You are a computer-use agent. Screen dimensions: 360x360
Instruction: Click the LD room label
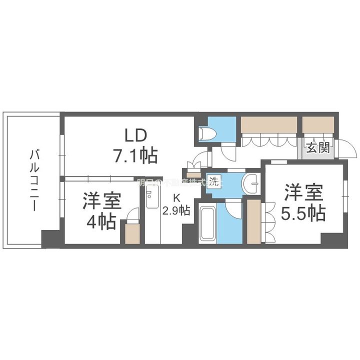[x=134, y=135]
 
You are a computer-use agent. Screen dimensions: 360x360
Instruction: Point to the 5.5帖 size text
[x=303, y=213]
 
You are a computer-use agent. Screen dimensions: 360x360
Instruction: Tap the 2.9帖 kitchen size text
[x=175, y=209]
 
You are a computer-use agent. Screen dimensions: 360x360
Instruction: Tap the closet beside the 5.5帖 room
[x=254, y=222]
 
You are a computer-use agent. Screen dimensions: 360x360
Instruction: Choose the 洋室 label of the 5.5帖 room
[x=303, y=192]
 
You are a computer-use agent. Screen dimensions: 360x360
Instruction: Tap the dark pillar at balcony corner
[x=50, y=239]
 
